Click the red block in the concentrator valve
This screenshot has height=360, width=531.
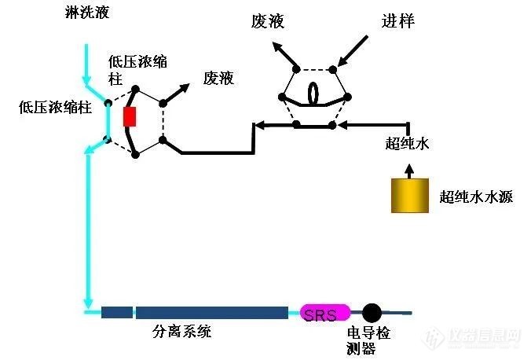130,116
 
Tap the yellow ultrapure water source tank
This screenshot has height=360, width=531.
408,195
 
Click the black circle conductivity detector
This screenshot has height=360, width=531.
371,313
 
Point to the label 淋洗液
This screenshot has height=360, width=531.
87,13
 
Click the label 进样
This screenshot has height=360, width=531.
398,21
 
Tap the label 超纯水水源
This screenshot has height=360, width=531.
476,197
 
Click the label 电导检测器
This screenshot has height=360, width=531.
368,340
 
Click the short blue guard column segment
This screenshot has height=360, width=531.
117,312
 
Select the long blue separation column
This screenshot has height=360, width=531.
211,312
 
